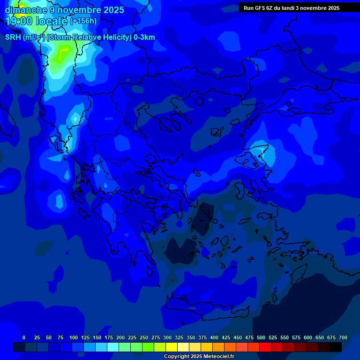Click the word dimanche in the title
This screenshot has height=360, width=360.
(x=26, y=10)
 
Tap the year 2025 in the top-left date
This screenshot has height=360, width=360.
(x=113, y=10)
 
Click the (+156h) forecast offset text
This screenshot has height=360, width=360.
(x=83, y=21)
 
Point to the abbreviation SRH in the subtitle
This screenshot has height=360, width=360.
(x=13, y=37)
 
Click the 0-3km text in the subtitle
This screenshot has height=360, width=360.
(x=144, y=37)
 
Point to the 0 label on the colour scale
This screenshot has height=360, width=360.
(x=24, y=337)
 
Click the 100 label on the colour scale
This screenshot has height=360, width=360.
(x=74, y=337)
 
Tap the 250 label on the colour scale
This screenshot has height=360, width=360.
(x=144, y=337)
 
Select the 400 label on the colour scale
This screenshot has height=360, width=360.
(x=214, y=337)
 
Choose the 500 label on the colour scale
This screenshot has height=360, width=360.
(x=261, y=337)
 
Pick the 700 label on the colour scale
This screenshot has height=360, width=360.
(x=343, y=337)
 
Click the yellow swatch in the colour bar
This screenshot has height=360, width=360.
(x=172, y=347)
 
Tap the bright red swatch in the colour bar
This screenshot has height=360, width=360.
(x=265, y=347)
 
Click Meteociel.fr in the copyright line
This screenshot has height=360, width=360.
(x=217, y=357)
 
